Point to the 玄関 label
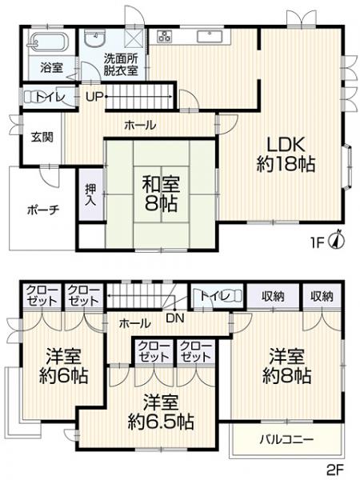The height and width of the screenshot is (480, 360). click(42, 136)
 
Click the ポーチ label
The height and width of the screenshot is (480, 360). click(42, 210)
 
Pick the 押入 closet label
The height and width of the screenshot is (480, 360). click(90, 197)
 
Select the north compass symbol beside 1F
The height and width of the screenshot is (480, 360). click(339, 238)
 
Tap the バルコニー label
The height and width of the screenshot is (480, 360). click(286, 438)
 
